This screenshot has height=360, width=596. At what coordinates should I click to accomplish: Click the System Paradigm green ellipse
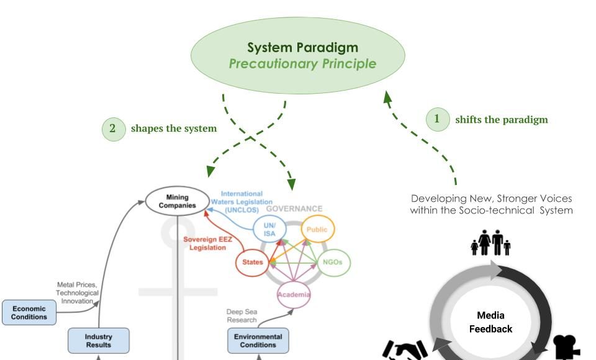[302, 55]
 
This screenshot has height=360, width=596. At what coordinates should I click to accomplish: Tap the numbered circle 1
[437, 119]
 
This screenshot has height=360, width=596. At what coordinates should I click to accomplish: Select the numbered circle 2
[112, 128]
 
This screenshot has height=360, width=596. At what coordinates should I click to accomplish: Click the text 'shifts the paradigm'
[502, 119]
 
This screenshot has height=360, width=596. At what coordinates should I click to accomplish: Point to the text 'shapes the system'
[174, 128]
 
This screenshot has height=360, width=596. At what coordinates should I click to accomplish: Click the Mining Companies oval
[177, 201]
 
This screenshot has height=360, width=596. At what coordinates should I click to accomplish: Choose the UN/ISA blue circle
[269, 229]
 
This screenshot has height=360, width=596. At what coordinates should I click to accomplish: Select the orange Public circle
[317, 229]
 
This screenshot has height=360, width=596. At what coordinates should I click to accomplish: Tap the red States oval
[251, 263]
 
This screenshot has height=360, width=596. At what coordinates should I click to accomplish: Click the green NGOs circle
[333, 263]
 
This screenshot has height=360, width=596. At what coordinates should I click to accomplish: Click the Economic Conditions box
[29, 313]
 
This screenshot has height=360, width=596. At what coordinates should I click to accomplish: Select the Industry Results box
[99, 340]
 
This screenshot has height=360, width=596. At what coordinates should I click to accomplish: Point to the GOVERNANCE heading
[294, 209]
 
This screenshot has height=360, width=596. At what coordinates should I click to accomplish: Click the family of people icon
[490, 243]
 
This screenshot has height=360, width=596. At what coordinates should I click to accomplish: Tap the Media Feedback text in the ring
[490, 322]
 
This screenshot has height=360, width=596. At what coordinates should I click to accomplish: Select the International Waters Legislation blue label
[242, 202]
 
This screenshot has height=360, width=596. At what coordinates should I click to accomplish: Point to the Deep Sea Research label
[242, 316]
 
